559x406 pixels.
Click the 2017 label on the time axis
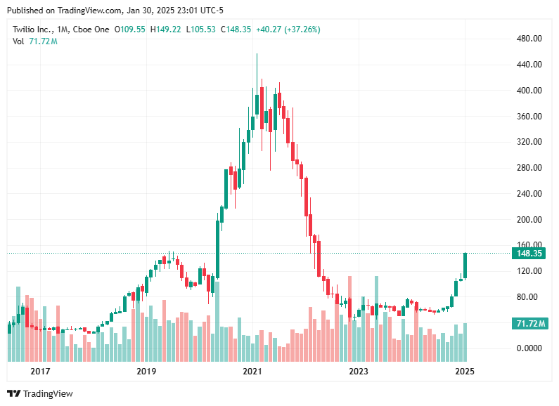click(40, 371)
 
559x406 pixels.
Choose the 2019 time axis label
click(146, 371)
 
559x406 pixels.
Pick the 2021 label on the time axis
click(252, 371)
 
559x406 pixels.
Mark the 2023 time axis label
click(358, 371)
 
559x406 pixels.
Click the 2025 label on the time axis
click(463, 371)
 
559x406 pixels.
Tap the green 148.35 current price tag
click(529, 253)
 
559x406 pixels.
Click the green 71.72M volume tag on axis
click(529, 323)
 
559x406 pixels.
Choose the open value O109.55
click(129, 30)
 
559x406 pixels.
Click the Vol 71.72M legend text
click(35, 41)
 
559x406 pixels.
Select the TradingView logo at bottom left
click(40, 393)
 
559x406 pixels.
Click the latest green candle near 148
click(465, 266)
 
